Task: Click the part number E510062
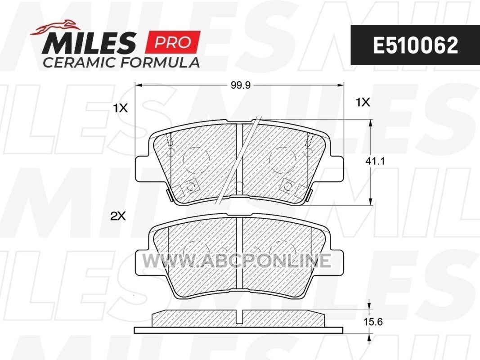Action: coord(415,45)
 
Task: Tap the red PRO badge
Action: coord(173,42)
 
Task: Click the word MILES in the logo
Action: coord(89,44)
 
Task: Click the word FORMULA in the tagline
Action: coord(160,63)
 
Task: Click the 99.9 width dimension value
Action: coord(240,85)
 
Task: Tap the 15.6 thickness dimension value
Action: coord(373,322)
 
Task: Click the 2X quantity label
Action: coord(118,217)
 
